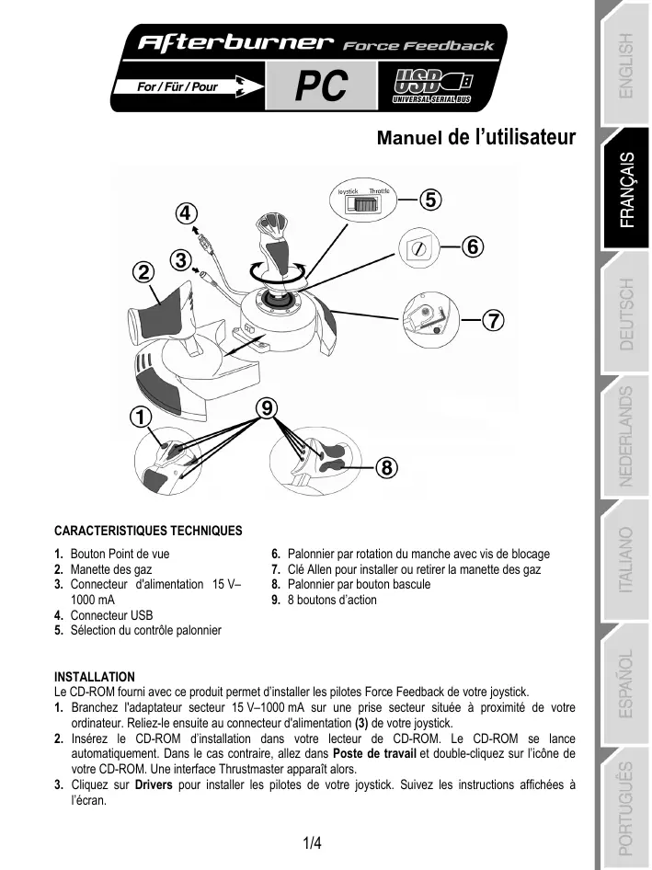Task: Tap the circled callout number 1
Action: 140,417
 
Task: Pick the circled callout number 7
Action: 494,321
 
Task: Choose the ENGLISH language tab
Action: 626,63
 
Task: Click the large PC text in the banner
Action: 321,87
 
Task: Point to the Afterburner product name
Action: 234,43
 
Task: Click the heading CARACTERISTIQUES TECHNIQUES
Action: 149,531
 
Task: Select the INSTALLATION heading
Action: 95,677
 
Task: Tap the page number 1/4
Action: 313,842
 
